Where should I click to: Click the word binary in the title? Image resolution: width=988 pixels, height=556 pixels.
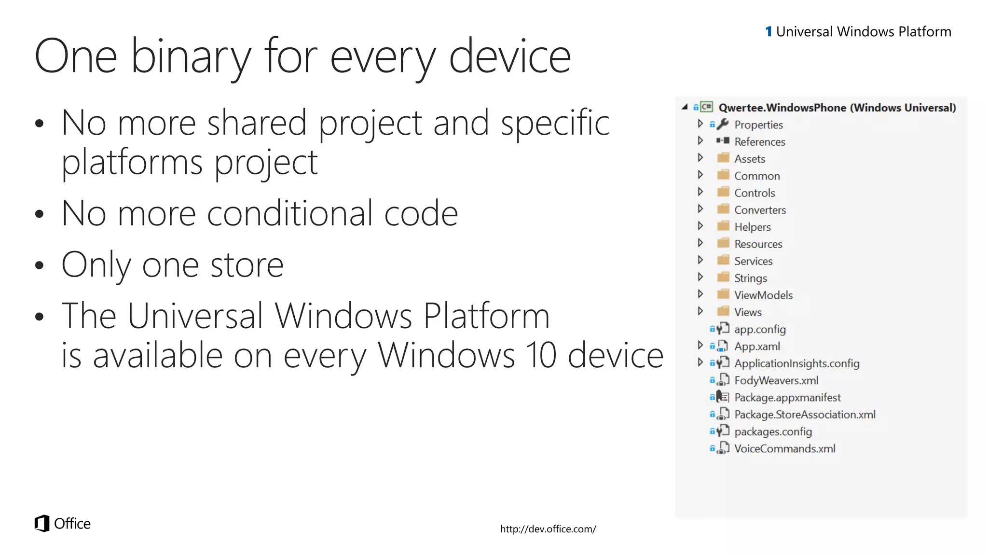coord(191,57)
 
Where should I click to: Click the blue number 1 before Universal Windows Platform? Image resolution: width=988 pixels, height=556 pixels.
coord(768,32)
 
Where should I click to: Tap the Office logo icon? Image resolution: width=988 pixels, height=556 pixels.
coord(42,523)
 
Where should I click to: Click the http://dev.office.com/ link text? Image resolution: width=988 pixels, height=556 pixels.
coord(548,529)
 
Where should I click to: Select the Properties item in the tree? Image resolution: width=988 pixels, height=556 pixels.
coord(758,125)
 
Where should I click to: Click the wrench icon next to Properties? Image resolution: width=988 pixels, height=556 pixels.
coord(722,125)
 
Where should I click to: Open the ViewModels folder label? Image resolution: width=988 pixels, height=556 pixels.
coord(763,295)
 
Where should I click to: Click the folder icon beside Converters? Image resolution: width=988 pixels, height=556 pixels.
coord(723,209)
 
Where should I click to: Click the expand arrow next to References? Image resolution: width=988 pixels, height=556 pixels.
coord(700,141)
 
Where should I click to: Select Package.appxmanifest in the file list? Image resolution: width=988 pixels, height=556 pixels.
coord(787,398)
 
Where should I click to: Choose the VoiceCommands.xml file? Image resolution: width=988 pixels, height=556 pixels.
coord(784,449)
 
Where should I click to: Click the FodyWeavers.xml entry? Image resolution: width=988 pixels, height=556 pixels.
coord(776,381)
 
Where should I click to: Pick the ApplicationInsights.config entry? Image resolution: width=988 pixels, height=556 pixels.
coord(796,363)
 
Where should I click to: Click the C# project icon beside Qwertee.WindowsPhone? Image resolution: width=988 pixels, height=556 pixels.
coord(706,107)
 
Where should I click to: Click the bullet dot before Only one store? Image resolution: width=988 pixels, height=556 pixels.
coord(40,266)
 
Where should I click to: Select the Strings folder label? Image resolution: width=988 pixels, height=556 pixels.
coord(750,278)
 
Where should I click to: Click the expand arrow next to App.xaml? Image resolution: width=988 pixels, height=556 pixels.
coord(700,346)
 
